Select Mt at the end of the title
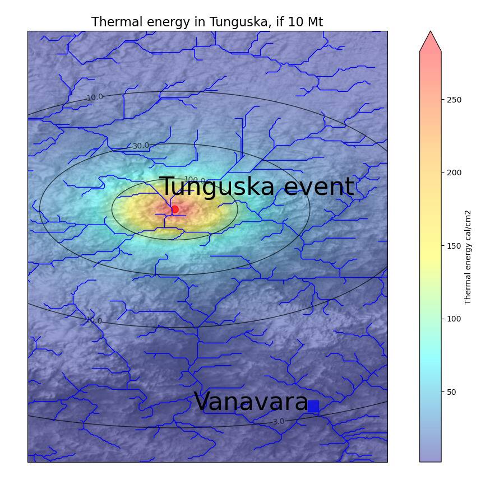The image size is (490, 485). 315,22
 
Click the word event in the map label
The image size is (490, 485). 318,187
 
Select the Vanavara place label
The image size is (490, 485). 251,402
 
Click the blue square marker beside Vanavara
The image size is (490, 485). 313,407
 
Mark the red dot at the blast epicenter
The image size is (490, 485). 175,209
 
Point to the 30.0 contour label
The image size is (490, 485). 141,146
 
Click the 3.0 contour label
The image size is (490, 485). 278,421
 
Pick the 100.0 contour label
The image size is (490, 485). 195,180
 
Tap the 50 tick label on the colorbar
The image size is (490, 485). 451,392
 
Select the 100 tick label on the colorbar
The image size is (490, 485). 453,319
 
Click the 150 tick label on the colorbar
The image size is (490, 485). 453,246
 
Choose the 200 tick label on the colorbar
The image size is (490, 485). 453,172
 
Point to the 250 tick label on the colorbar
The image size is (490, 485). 453,100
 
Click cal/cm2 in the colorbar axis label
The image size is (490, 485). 468,230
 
